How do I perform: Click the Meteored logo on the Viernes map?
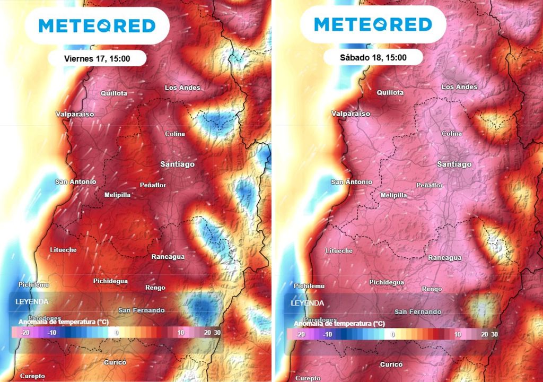[x=98, y=25]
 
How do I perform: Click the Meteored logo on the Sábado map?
[x=373, y=24]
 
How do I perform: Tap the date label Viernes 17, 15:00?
[x=97, y=58]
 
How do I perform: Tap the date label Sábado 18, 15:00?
[x=373, y=57]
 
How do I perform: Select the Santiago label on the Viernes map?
[x=177, y=164]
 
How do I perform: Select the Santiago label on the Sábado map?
[x=454, y=164]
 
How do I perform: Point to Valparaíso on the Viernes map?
[x=75, y=114]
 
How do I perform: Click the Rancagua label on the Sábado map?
[x=444, y=258]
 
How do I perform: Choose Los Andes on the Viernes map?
[x=182, y=88]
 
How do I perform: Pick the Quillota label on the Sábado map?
[x=390, y=92]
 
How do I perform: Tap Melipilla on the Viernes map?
[x=117, y=195]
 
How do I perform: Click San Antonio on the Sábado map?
[x=351, y=182]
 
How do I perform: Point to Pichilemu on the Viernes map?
[x=33, y=285]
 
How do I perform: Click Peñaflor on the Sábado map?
[x=430, y=185]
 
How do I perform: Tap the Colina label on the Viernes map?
[x=175, y=134]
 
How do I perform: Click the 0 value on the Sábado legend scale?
[x=392, y=335]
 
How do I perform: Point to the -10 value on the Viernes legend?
[x=51, y=333]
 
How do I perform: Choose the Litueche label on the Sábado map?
[x=339, y=250]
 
